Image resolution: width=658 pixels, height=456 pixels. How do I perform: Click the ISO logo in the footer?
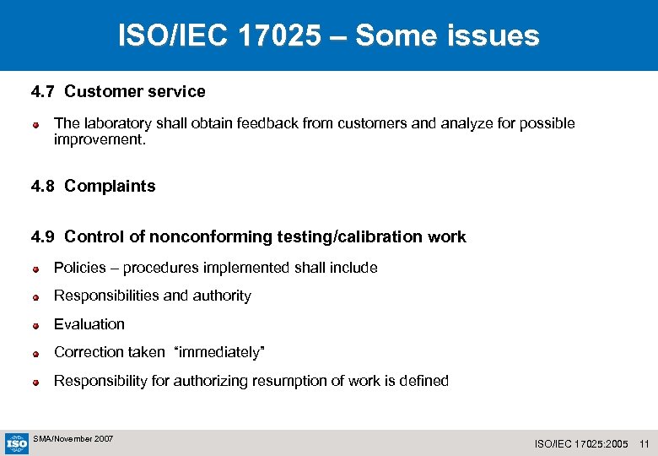17,442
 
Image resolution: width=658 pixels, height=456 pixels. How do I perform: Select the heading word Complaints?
110,187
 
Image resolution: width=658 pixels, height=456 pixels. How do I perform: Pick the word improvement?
100,139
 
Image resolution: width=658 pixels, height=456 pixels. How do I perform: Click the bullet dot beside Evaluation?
37,325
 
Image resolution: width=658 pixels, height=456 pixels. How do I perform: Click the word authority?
222,296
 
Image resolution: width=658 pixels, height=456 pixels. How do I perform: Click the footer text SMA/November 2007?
73,439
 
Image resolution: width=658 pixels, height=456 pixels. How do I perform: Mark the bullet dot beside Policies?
37,269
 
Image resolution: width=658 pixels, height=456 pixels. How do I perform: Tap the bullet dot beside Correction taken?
37,354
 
